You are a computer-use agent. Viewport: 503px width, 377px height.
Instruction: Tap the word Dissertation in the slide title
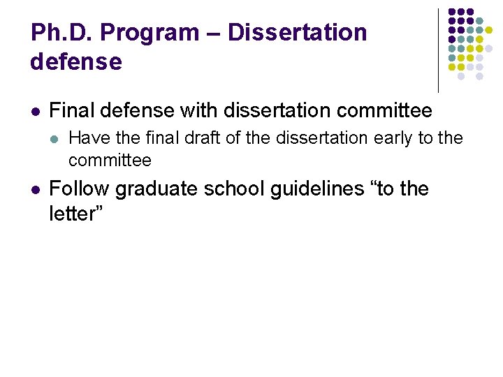tap(297, 33)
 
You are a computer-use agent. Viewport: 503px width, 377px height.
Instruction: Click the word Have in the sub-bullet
tap(87, 138)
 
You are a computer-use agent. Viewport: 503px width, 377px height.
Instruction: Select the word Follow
tap(79, 189)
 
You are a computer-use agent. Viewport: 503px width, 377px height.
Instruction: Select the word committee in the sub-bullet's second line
tap(110, 160)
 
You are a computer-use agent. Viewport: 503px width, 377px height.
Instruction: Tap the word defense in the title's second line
tap(76, 62)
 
